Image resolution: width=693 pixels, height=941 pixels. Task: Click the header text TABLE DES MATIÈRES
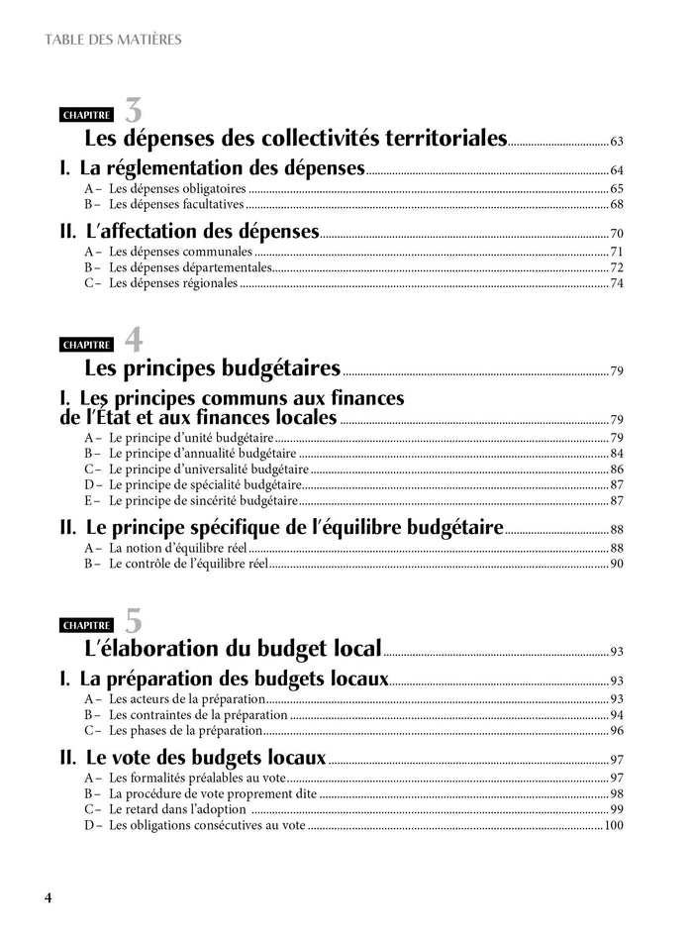click(113, 41)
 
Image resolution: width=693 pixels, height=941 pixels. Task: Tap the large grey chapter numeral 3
click(133, 111)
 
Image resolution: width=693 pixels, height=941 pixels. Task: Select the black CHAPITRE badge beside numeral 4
click(86, 346)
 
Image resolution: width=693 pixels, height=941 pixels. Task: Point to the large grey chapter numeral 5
click(133, 621)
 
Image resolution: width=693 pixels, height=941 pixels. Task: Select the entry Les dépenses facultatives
click(175, 205)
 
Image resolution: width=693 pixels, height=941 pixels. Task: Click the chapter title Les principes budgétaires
click(213, 369)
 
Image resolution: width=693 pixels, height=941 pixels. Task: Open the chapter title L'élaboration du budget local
click(234, 649)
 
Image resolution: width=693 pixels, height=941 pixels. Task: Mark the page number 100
click(613, 825)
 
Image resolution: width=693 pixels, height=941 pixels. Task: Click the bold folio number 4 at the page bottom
click(48, 898)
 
